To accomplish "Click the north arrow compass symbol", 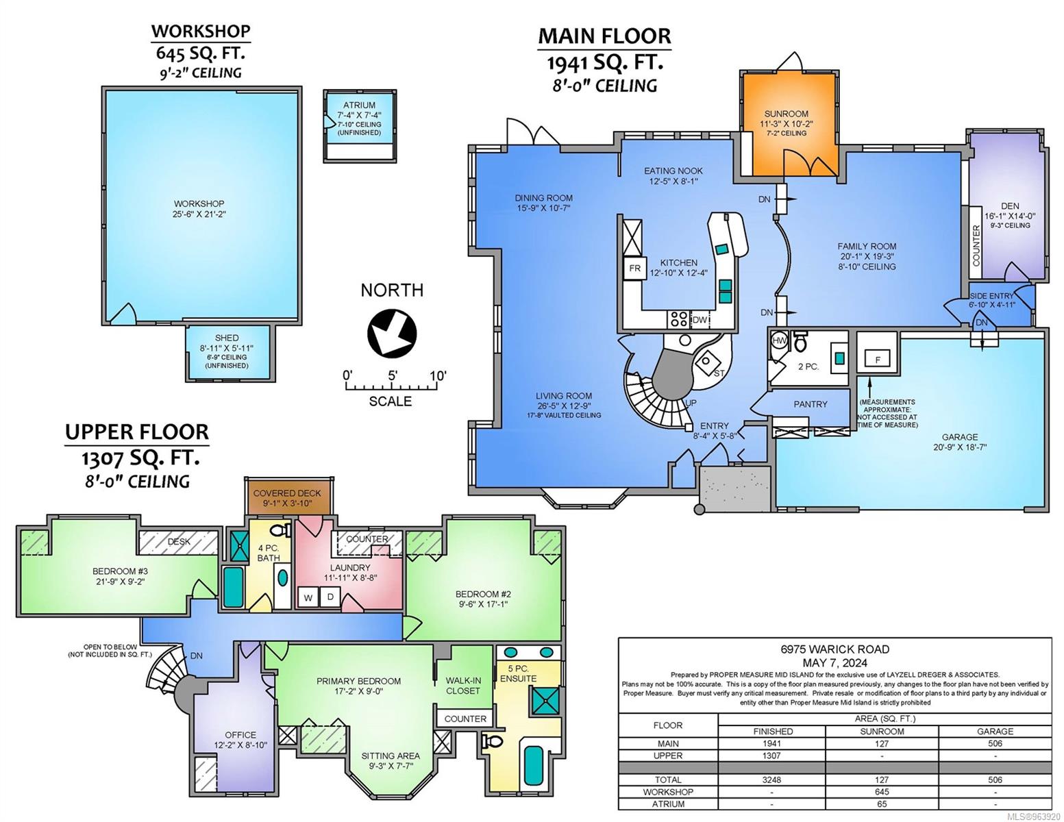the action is coord(392,334).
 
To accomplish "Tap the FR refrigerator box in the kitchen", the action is coord(634,269).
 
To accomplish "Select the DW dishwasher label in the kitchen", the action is coord(700,320).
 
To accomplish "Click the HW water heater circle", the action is coord(779,340).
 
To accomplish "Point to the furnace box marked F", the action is coord(878,360).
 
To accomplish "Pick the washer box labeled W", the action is coord(308,597).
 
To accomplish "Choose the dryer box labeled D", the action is coord(330,597).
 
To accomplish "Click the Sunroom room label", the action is coord(787,114).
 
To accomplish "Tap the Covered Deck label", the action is coord(287,493).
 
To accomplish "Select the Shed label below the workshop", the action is coord(227,338).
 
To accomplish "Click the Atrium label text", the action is coord(359,105).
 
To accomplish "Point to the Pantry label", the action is coord(811,404).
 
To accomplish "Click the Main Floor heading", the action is coord(604,36).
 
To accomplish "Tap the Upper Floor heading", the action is coord(136,432).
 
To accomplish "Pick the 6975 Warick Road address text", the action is coord(835,649).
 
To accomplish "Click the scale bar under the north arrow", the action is coord(391,386).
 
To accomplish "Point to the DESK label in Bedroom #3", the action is coord(179,541).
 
